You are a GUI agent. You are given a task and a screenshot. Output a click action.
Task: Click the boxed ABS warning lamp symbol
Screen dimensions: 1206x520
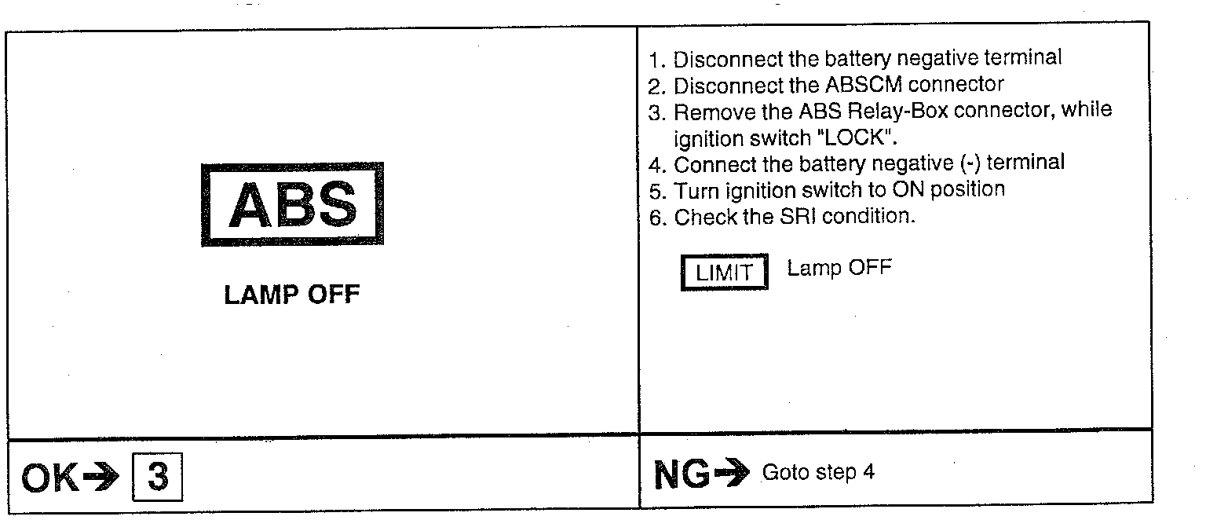(292, 204)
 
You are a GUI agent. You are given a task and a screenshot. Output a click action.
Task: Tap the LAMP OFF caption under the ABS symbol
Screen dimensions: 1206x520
(292, 296)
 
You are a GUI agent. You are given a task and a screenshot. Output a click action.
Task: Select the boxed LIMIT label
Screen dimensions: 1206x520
(724, 273)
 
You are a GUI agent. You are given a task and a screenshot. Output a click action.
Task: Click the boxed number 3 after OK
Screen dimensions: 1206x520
(159, 478)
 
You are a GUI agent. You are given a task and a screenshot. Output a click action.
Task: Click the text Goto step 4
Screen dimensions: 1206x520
(818, 473)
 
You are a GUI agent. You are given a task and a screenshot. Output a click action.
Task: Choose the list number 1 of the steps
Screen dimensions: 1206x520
(656, 58)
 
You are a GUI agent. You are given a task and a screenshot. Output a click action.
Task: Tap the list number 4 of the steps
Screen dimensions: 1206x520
(656, 165)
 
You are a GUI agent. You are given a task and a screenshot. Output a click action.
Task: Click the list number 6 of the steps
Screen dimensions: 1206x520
(656, 218)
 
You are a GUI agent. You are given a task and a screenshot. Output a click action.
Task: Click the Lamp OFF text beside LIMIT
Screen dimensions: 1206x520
(839, 268)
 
